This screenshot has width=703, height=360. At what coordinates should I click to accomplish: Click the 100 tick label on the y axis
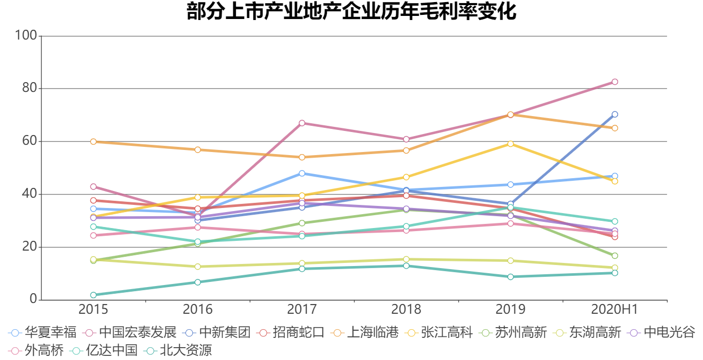coord(26,35)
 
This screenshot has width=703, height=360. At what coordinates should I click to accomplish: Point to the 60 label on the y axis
coord(30,141)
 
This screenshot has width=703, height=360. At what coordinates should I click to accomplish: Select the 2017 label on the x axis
coord(302,309)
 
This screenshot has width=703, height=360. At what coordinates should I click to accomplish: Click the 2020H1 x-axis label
coord(614,309)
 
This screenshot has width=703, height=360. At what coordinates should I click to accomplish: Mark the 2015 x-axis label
coord(94,309)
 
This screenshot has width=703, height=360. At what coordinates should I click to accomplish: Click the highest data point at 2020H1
coord(615,82)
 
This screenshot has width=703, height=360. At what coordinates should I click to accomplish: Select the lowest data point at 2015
coord(94,295)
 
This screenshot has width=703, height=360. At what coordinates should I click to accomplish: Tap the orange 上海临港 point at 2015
coord(94,141)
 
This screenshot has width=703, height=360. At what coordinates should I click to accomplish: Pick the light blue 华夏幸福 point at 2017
coord(302,173)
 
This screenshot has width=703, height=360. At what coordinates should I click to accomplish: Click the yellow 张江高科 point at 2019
coord(510,144)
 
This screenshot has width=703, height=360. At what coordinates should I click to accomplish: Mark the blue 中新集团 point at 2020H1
coord(615,114)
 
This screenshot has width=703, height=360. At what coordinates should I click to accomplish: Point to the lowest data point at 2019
coord(510,277)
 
